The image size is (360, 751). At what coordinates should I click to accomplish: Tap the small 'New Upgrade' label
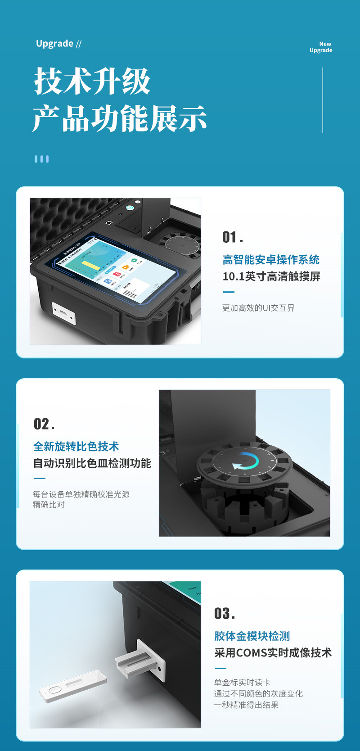coord(321,47)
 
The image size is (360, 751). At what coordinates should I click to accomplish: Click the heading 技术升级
coord(92,81)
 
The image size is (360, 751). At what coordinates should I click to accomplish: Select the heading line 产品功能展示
coord(120,118)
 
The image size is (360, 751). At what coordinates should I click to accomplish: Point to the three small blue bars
coord(41,159)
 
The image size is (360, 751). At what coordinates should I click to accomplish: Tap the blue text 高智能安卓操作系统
coord(271,260)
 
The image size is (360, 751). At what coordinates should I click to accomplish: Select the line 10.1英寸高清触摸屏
coord(271,276)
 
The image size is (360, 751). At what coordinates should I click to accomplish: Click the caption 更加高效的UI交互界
coord(258,308)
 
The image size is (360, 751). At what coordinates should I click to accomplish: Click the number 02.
coord(44,424)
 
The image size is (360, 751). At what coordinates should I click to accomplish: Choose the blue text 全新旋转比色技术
coord(76,447)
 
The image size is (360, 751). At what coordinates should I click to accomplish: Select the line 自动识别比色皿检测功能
coord(92,463)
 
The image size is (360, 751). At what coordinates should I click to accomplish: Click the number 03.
coord(224,614)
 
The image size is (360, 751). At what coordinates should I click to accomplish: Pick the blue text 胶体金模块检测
coord(252,636)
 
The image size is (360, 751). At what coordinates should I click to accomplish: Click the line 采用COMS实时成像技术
coord(273,653)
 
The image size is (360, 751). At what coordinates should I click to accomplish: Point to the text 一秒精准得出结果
coord(246,705)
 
